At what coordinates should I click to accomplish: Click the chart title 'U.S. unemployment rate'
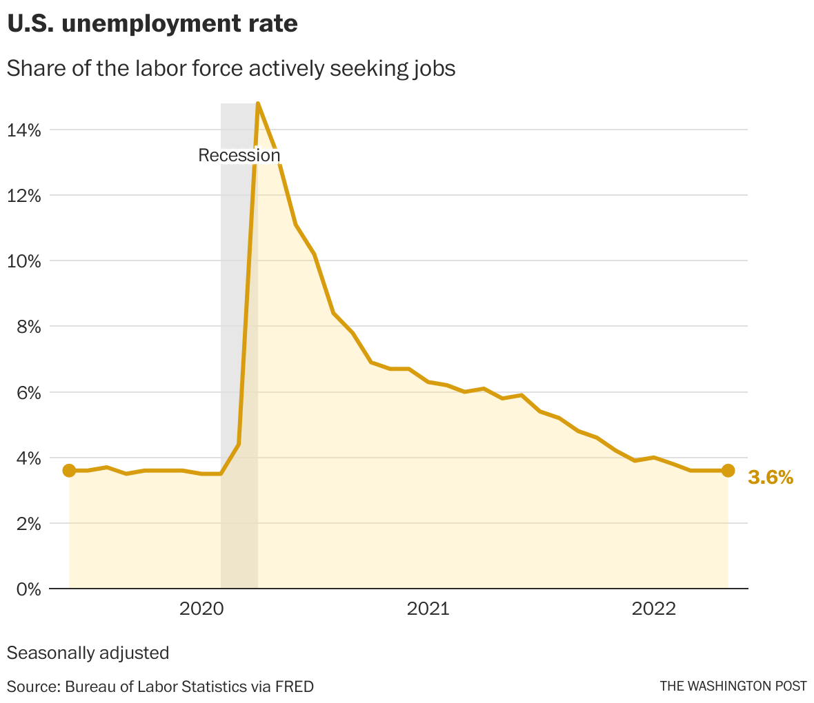(x=152, y=24)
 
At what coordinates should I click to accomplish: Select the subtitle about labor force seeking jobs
(x=231, y=69)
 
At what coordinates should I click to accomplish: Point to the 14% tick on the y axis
(x=25, y=130)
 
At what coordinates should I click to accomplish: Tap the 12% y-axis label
(x=25, y=196)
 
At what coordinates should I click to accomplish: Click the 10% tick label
(x=25, y=261)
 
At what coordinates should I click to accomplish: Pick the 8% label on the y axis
(x=28, y=327)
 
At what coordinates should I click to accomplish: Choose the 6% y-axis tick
(x=28, y=392)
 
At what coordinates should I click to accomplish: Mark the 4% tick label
(x=28, y=458)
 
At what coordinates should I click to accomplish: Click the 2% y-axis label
(x=28, y=523)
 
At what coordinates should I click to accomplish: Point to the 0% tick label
(x=28, y=589)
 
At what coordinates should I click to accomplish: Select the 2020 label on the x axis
(x=201, y=609)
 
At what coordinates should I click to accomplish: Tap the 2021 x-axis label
(x=428, y=609)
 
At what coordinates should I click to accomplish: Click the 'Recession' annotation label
(x=239, y=155)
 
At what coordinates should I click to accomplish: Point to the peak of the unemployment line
(x=257, y=103)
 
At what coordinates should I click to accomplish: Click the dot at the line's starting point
(x=69, y=471)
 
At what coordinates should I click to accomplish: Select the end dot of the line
(x=728, y=471)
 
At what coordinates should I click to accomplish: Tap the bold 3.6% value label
(x=771, y=477)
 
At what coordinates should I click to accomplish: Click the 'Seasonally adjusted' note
(x=88, y=653)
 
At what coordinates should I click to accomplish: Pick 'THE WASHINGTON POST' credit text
(x=733, y=686)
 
